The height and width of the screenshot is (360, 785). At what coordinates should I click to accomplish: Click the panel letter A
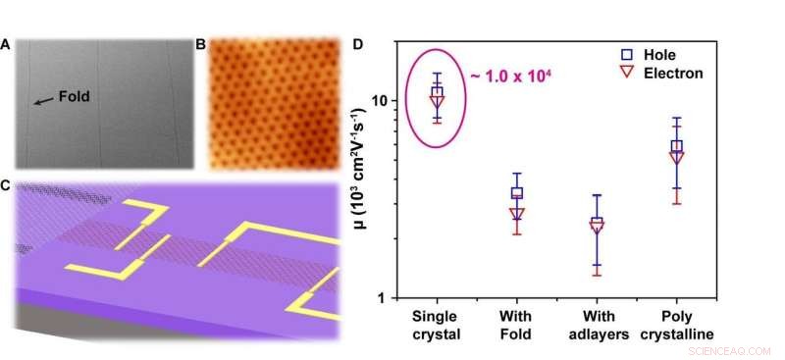8,44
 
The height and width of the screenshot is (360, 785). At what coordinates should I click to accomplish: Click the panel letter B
201,44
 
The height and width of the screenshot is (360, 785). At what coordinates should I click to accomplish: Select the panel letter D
359,44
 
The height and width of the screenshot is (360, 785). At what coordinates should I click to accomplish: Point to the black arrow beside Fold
43,100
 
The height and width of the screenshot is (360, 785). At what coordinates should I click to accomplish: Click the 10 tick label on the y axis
379,100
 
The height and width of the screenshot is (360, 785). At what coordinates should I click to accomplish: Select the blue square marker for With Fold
517,193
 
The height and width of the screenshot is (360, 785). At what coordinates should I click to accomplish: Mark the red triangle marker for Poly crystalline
676,157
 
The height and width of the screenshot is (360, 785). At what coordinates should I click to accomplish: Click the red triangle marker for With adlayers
597,227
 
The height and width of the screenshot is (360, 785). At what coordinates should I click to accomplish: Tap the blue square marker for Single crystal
437,92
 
